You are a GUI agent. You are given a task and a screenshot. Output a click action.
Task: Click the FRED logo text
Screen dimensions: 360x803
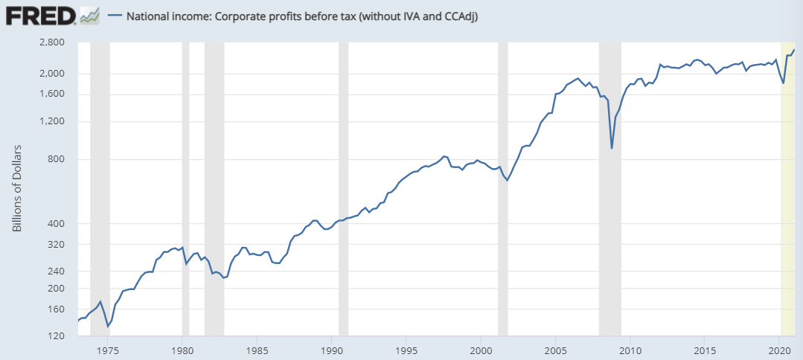click(39, 15)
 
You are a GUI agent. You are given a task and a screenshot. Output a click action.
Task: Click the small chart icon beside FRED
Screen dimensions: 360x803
click(90, 15)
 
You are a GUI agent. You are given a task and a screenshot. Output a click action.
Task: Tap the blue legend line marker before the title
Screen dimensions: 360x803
click(114, 15)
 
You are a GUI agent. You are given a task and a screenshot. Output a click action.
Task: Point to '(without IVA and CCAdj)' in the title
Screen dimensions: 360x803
click(418, 15)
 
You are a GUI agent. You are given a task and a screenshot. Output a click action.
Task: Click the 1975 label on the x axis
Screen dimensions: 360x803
click(108, 350)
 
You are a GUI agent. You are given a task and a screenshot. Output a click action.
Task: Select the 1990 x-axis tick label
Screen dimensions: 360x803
click(332, 350)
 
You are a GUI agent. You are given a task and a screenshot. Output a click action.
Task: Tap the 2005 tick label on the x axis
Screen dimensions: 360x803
click(556, 350)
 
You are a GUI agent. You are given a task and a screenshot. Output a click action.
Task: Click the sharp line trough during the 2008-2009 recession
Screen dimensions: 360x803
click(612, 148)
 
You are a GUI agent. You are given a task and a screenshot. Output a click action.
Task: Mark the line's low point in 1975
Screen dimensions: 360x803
click(108, 326)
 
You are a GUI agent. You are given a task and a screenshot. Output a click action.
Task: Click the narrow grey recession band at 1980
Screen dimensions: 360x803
click(185, 186)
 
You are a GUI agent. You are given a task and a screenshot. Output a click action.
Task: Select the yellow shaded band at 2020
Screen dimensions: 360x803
click(787, 186)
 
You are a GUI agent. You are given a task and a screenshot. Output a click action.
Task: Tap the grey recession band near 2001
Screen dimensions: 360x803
click(502, 186)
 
